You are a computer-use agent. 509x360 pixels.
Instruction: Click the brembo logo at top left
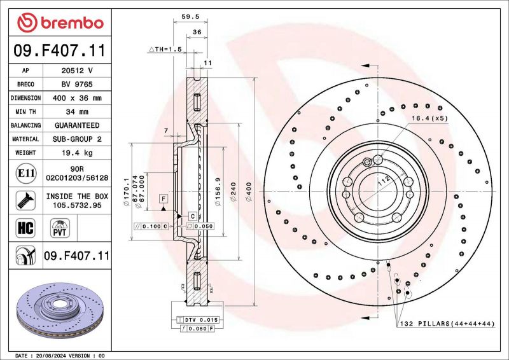[x=60, y=23]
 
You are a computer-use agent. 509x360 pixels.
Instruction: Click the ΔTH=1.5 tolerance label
[x=165, y=48]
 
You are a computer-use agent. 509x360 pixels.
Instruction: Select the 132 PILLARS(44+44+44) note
[x=447, y=324]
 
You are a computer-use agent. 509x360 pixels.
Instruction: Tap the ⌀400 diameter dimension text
[x=250, y=191]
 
